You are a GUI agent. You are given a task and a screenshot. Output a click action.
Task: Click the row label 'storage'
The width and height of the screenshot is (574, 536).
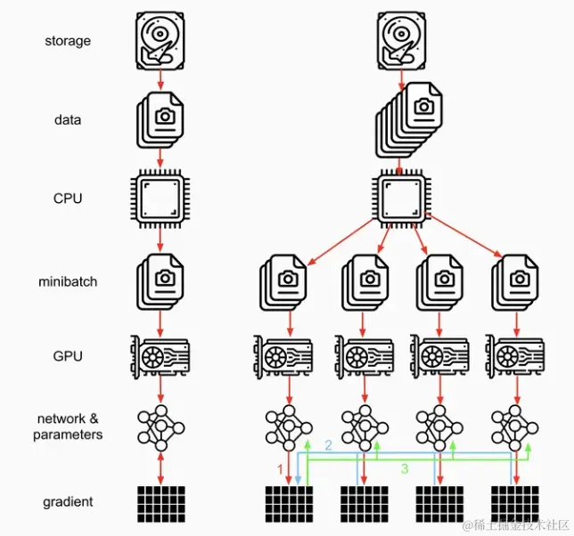point(68,41)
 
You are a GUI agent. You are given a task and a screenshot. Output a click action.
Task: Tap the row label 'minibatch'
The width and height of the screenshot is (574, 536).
point(68,281)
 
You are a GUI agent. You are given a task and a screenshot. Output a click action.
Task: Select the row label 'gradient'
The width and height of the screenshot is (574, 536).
point(68,502)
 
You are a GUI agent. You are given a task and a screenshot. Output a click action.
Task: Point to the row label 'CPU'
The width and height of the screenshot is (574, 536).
point(68,198)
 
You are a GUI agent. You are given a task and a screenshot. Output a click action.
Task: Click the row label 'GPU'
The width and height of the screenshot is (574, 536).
point(68,356)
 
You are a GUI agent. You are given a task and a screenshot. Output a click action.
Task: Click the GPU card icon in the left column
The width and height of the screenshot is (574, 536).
point(160,356)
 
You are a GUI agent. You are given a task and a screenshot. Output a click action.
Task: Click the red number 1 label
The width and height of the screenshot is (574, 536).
point(280,467)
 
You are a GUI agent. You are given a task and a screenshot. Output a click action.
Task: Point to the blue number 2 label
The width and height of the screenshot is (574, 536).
point(327,444)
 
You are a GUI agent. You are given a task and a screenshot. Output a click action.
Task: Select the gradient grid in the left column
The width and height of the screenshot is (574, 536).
point(161,503)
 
